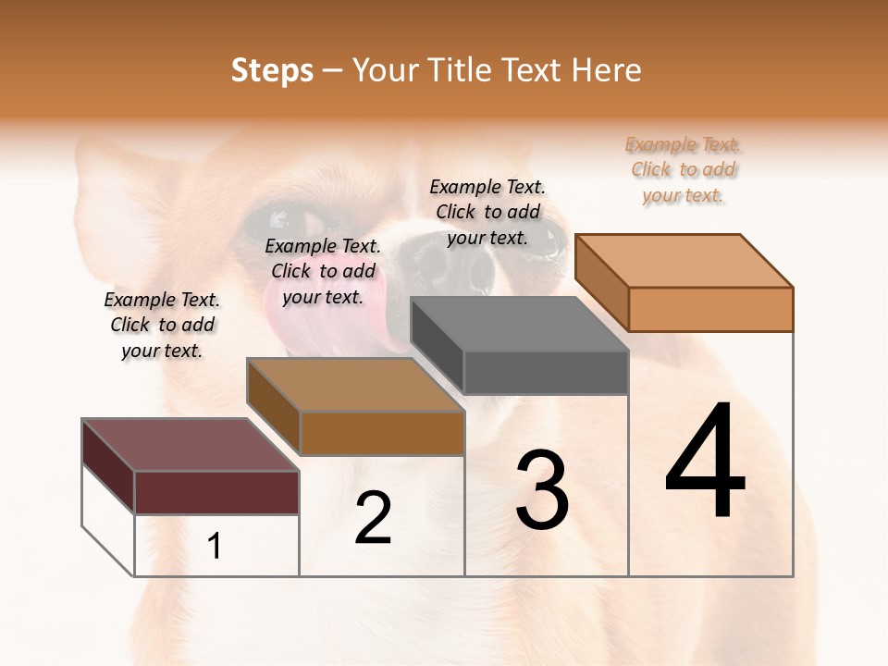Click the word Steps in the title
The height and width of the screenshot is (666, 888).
[272, 70]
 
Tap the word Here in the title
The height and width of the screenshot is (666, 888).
[607, 70]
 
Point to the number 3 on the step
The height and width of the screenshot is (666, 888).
[542, 490]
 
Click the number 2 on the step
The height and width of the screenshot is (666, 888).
[374, 518]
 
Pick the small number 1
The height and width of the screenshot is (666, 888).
[215, 547]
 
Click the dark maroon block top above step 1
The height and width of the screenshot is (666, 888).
[191, 445]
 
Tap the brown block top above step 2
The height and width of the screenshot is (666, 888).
[355, 385]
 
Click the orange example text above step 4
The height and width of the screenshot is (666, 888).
[684, 170]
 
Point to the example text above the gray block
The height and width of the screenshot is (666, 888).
[487, 212]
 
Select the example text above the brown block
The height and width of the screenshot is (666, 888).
[323, 271]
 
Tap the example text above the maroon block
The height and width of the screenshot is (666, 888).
[162, 325]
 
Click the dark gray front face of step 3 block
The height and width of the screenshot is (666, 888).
[546, 372]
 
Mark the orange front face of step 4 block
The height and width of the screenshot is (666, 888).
[710, 309]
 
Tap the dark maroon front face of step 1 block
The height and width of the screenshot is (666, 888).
[216, 492]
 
